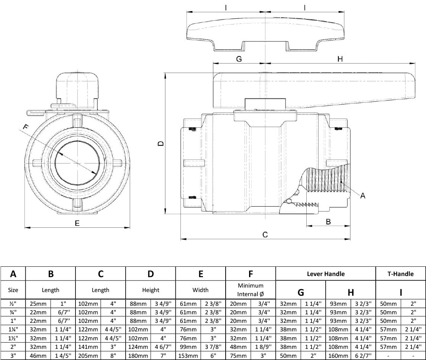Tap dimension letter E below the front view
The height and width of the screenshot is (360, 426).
coord(77,223)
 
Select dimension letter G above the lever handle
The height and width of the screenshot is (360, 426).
coord(239,59)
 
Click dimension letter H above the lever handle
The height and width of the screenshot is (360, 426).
coord(340,59)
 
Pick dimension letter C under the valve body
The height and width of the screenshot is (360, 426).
coord(265,235)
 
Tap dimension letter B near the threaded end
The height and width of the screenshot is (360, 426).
coord(328,221)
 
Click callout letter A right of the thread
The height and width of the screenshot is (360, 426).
coord(363,195)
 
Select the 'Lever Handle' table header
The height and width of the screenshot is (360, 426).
coord(326,274)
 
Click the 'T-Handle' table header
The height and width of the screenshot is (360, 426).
coord(400,274)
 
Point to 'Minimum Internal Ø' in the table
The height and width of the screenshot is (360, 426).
coord(251,290)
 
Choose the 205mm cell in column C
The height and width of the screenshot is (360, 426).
coord(88,356)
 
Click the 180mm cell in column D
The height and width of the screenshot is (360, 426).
coord(138,356)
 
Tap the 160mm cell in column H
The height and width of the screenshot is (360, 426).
coord(338,356)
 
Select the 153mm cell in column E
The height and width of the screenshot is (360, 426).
coord(188,356)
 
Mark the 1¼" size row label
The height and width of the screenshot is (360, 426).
coord(13,329)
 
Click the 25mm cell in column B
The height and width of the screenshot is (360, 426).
coord(38,303)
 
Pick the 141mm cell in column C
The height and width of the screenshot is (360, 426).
coord(88,347)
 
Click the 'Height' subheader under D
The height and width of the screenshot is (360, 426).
coord(151,290)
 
